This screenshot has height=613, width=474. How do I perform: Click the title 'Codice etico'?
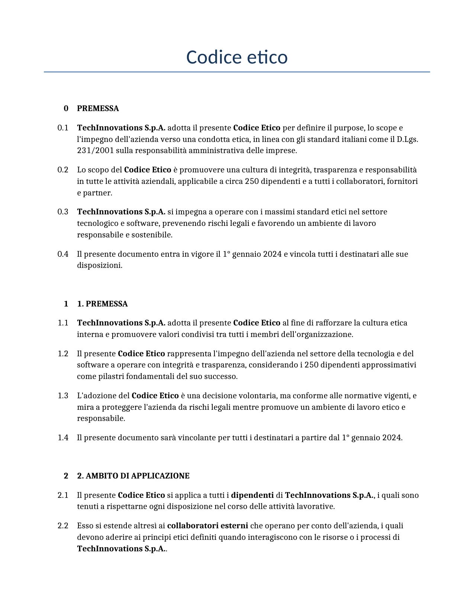237,57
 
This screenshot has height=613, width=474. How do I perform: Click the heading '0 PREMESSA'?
98,108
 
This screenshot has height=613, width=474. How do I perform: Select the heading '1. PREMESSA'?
102,304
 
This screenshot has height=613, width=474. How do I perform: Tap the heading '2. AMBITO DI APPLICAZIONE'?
133,476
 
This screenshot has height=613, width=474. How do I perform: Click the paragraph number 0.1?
63,128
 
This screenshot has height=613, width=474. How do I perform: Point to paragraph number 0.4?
63,254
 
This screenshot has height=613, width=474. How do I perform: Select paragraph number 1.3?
63,396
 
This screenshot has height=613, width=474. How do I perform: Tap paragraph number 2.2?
63,526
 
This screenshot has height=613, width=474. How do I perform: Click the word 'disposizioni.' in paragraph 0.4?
100,265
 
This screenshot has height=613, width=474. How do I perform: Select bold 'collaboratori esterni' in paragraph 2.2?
207,526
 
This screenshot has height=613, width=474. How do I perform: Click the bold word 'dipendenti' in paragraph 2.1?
252,495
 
